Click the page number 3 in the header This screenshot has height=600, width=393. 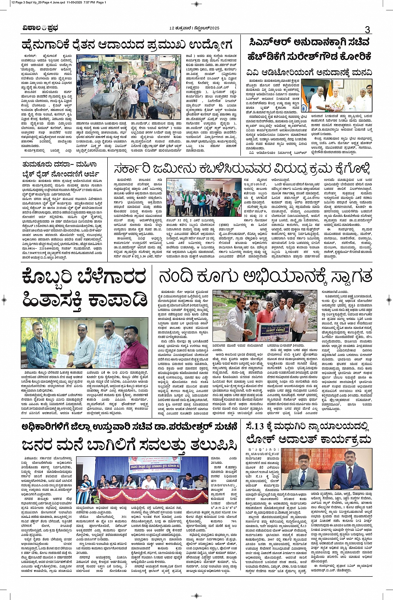coord(367,29)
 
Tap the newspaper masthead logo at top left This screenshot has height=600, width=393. coord(40,28)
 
